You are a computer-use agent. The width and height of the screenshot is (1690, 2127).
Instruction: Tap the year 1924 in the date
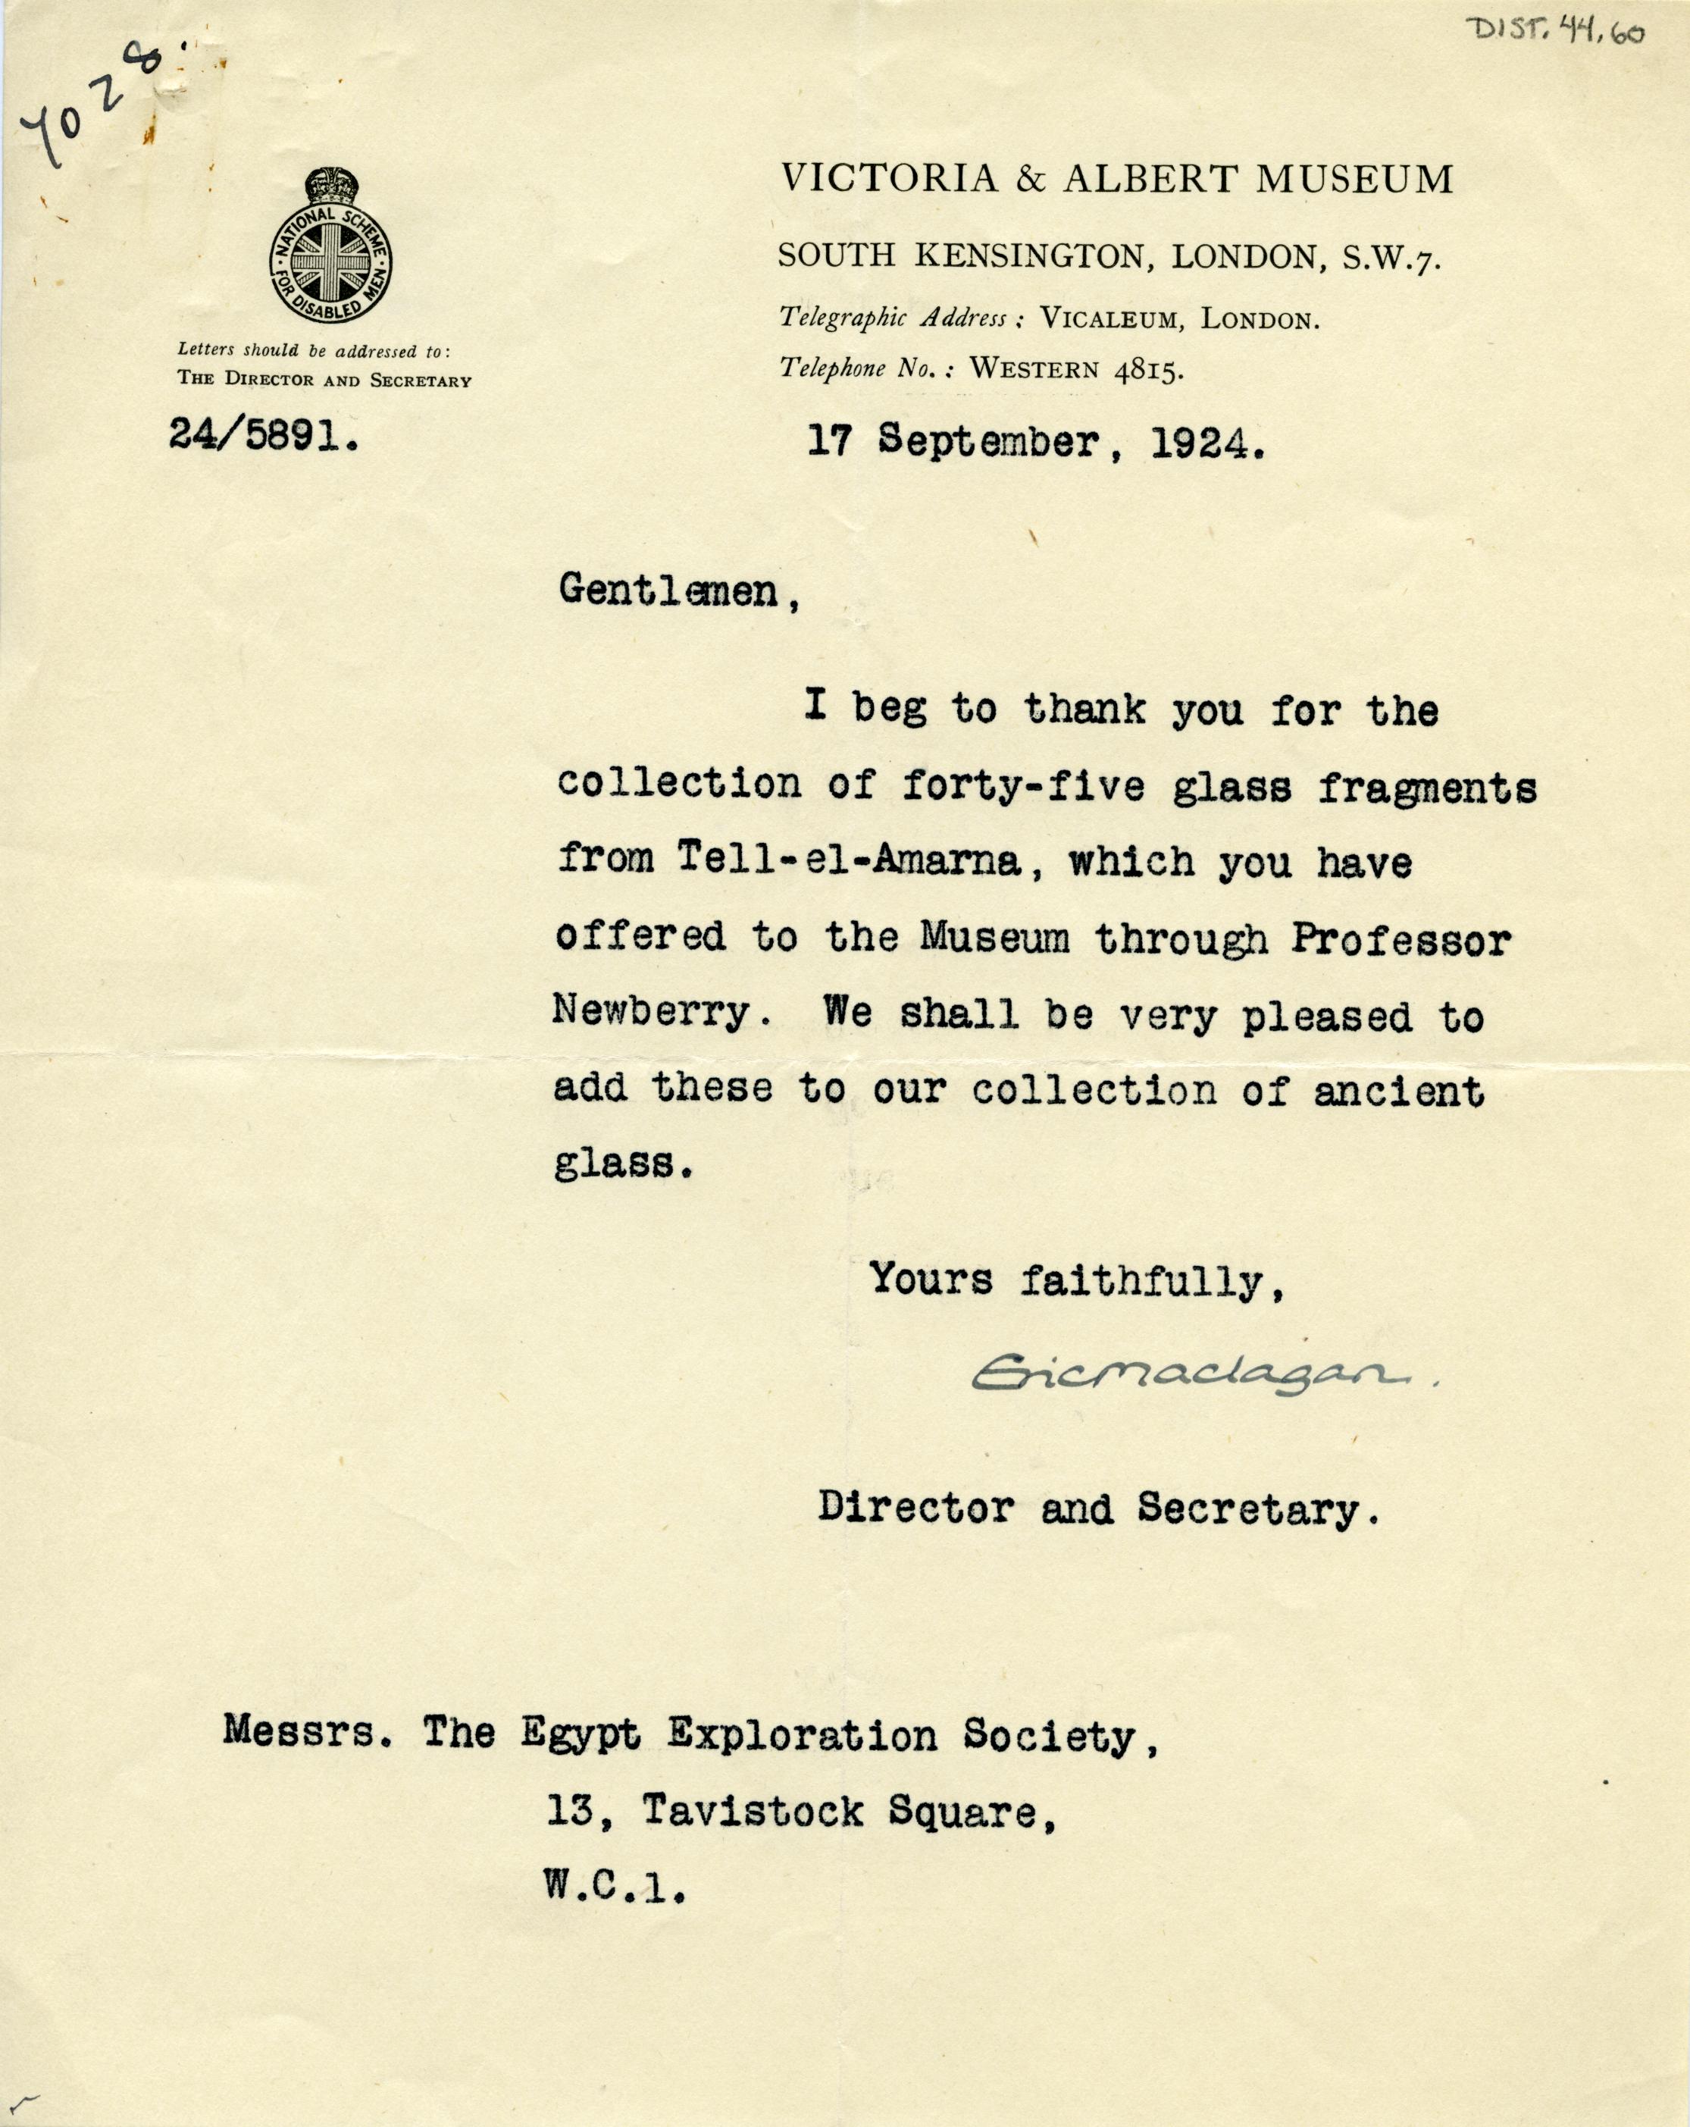1206,444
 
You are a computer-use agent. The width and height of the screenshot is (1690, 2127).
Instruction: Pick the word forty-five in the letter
1023,785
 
